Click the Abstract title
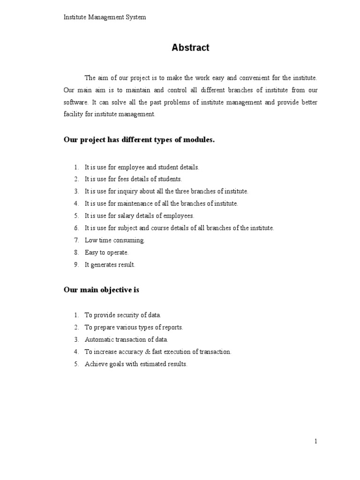(190, 47)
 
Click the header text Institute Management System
(105, 17)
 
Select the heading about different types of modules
(139, 140)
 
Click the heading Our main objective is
(101, 290)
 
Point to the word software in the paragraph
(75, 102)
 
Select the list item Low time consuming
(115, 240)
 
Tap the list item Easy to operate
(106, 253)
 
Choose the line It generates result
(110, 265)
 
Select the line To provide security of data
(123, 315)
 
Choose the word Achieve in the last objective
(95, 364)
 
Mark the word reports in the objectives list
(171, 328)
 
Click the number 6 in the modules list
(76, 228)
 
